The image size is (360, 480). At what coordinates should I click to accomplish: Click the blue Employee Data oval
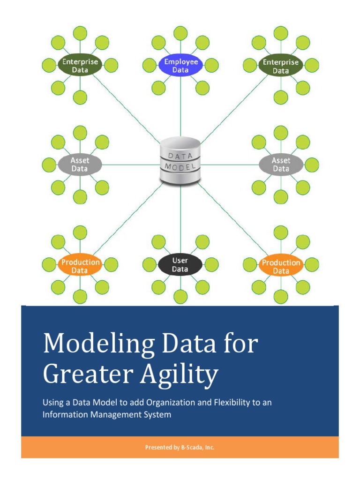180,66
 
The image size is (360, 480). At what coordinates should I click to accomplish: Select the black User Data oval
180,265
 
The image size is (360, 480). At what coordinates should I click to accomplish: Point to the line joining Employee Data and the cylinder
180,108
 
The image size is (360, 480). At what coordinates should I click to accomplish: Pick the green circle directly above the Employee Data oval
180,33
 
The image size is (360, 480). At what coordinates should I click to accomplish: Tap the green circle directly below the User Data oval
180,297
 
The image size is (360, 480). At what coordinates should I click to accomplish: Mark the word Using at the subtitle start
52,403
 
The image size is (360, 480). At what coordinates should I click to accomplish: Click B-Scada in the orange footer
191,448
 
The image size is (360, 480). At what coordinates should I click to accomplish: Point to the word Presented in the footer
159,448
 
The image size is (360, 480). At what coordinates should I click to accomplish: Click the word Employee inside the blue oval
181,62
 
